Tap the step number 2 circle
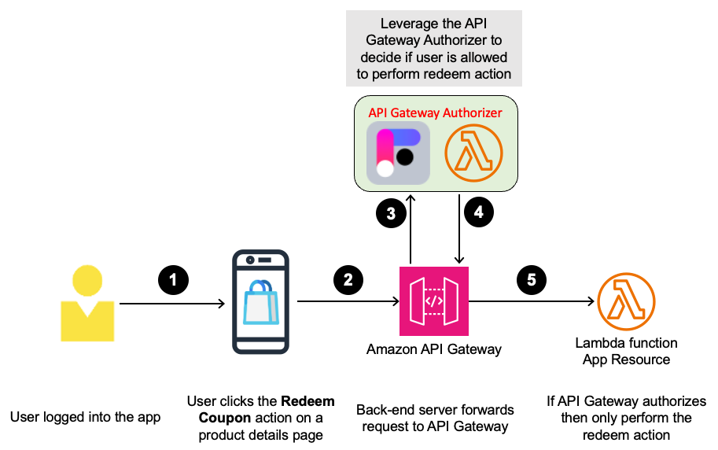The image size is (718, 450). [x=347, y=278]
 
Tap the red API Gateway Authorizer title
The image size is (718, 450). [x=435, y=112]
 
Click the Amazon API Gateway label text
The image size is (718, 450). [x=434, y=349]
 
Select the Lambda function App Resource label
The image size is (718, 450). [x=626, y=352]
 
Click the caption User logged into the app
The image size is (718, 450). [x=85, y=417]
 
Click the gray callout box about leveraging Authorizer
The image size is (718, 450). [x=434, y=48]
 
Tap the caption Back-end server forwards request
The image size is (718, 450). [x=435, y=419]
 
